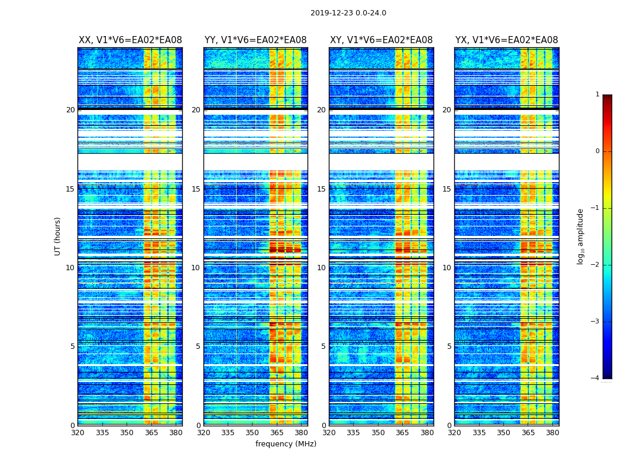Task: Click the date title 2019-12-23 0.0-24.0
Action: [348, 13]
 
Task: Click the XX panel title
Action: [130, 40]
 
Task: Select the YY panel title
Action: [255, 40]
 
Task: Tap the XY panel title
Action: [381, 40]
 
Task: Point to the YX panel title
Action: [506, 40]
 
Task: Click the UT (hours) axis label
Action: [58, 236]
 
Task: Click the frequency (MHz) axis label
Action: [286, 444]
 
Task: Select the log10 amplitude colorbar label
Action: [581, 236]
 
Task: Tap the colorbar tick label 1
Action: [597, 95]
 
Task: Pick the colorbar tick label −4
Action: [596, 378]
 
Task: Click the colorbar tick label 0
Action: [597, 151]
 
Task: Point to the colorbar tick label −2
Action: [596, 265]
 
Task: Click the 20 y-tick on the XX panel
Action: [70, 110]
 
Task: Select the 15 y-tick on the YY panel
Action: [196, 189]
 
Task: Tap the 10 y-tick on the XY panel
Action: [321, 268]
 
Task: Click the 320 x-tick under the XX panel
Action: [78, 433]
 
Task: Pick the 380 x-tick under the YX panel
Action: [552, 433]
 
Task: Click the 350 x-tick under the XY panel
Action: [378, 433]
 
